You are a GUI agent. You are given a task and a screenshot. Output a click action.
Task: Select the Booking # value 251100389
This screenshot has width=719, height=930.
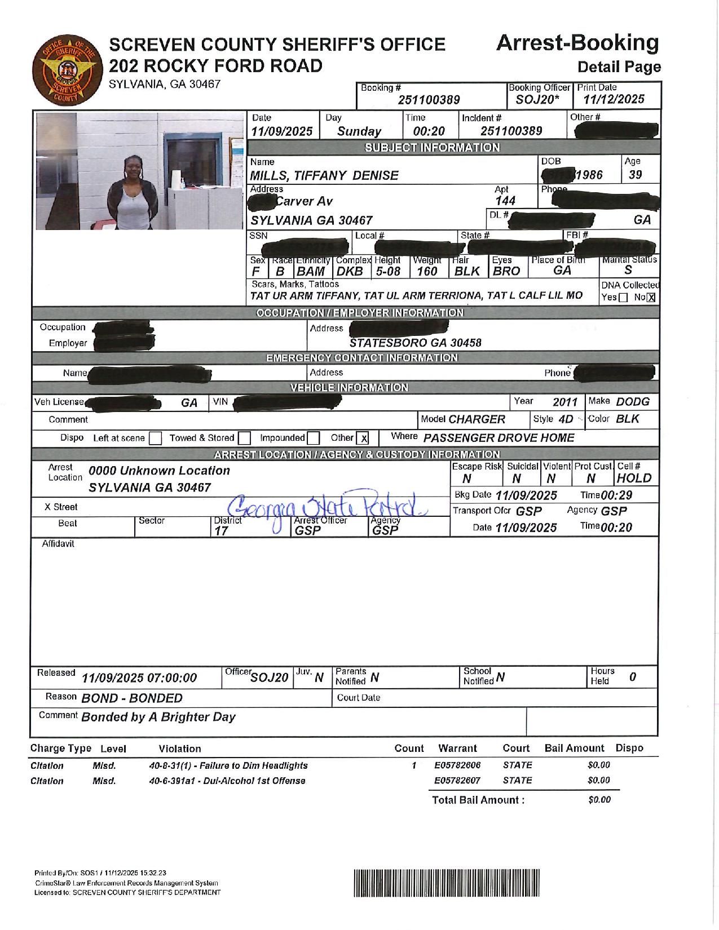point(429,100)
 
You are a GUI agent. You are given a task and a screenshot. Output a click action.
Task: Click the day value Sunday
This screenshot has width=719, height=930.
point(359,132)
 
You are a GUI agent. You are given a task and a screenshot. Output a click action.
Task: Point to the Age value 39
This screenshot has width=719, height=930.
point(635,175)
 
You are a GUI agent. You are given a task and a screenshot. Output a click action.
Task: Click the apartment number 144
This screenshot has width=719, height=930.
point(505,201)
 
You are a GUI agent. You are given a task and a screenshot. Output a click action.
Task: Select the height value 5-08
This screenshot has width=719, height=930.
point(388,271)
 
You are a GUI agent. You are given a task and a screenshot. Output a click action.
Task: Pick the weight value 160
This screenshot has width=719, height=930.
point(427,271)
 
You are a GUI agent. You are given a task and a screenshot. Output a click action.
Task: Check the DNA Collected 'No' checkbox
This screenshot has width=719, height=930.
point(651,298)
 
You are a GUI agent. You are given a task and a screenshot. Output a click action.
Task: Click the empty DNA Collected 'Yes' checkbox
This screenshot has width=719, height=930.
point(623,298)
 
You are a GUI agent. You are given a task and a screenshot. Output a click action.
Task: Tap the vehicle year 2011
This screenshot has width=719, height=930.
point(565,402)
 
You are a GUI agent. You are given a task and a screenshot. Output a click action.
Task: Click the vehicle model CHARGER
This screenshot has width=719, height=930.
point(477,419)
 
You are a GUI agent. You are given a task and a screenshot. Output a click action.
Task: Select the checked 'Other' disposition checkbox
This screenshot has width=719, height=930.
point(364,439)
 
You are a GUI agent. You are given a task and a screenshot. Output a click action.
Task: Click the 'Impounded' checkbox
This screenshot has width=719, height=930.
point(314,438)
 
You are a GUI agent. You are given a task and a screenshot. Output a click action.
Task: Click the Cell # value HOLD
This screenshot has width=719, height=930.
point(634,479)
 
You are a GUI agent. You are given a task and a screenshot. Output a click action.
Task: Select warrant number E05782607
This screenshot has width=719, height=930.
point(457,781)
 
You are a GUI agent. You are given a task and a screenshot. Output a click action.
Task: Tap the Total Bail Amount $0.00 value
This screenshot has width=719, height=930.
point(599,800)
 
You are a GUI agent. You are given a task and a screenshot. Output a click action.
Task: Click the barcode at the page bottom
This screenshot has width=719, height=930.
point(447,883)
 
